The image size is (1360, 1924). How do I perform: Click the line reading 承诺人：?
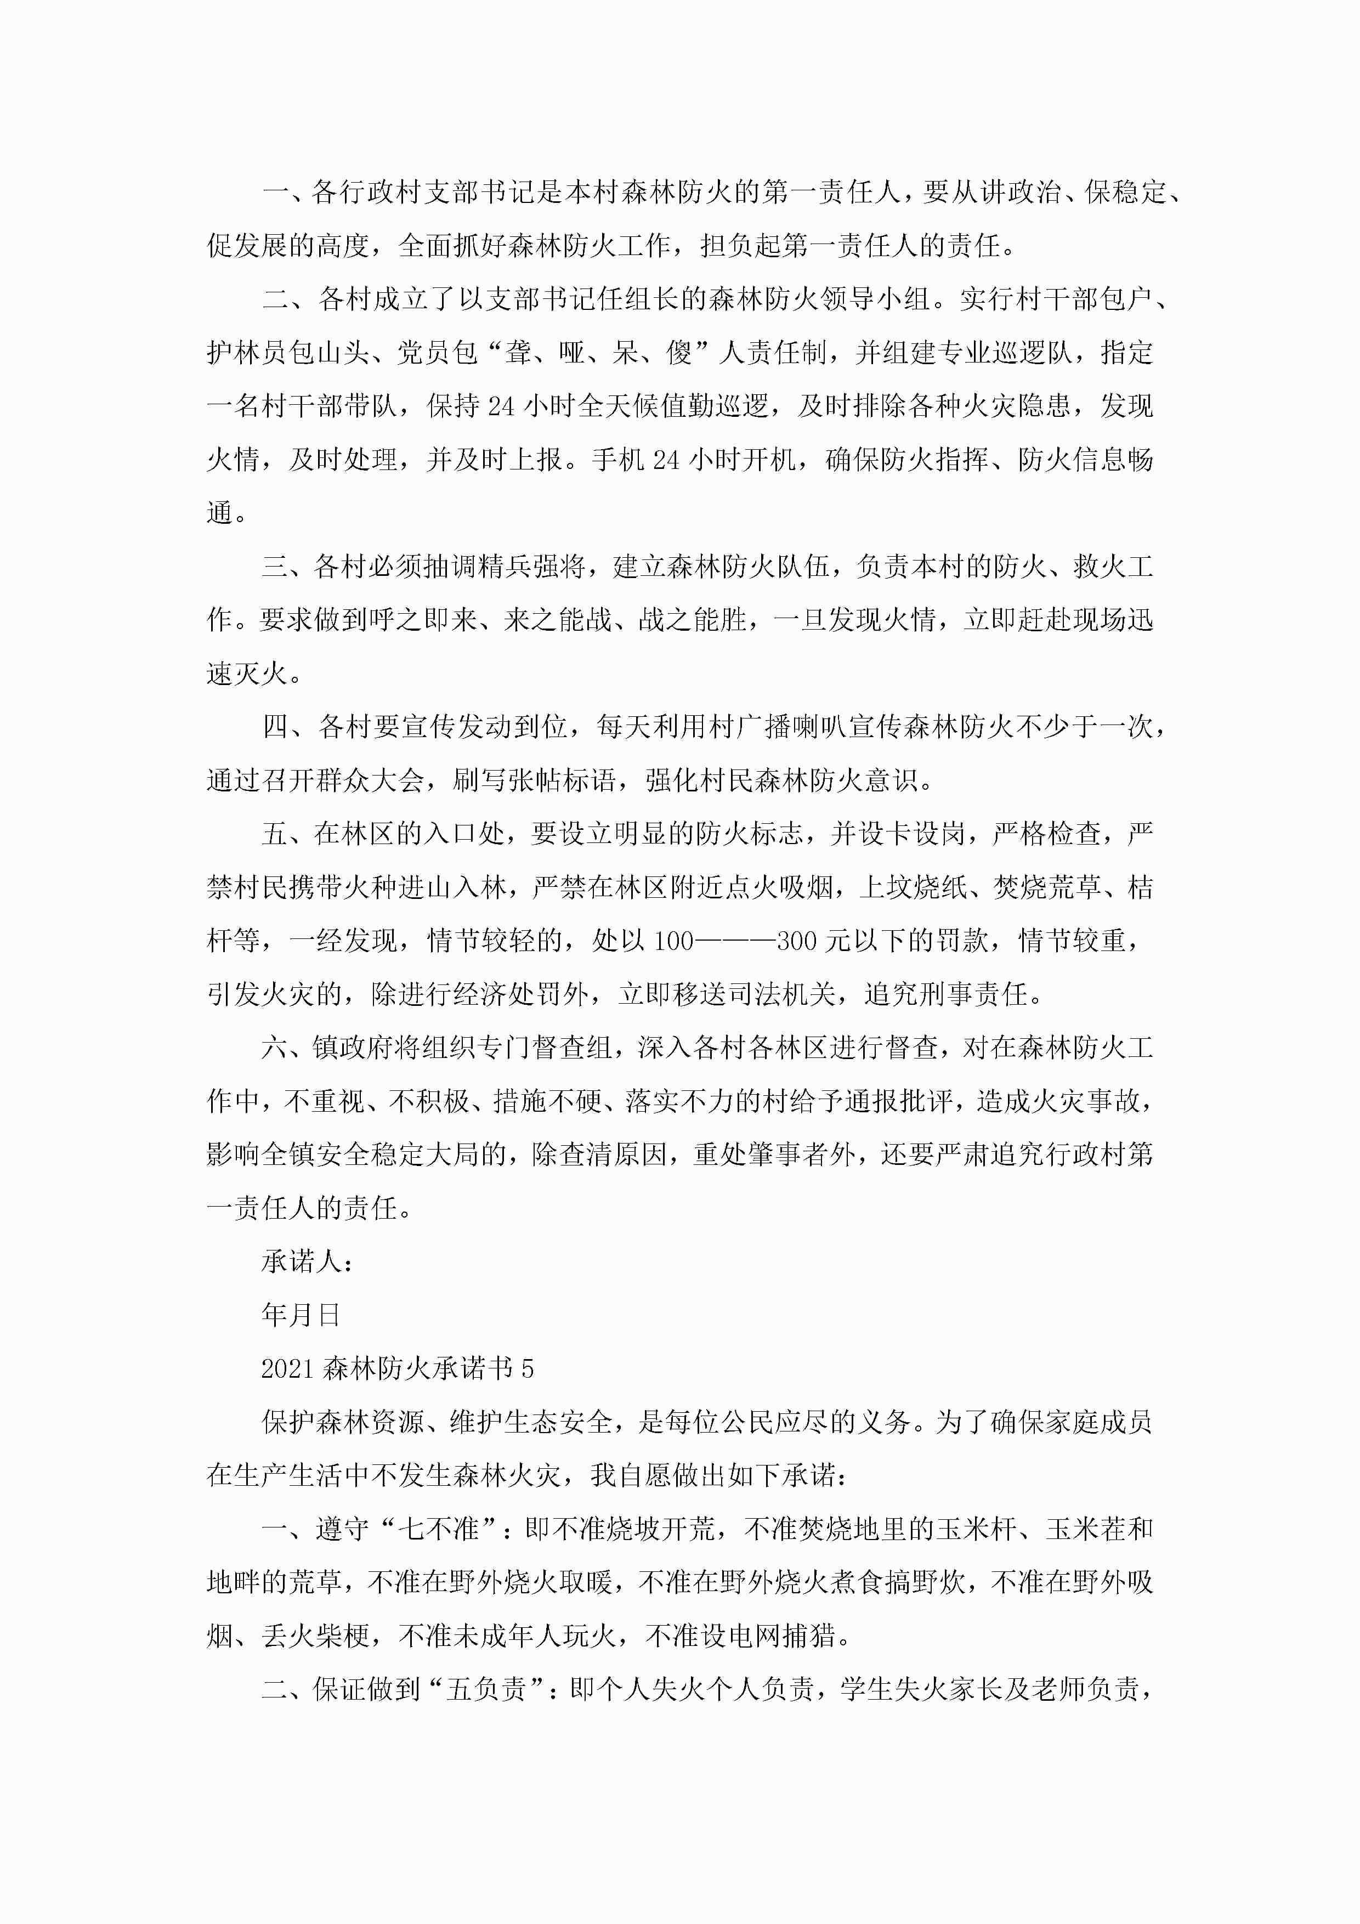pos(307,1261)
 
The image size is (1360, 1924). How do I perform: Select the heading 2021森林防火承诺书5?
pos(397,1368)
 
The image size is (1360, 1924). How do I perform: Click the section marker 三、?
pos(286,567)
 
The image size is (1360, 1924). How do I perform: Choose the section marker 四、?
pos(286,727)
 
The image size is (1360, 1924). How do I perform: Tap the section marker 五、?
pos(286,834)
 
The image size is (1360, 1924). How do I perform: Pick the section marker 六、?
pos(286,1048)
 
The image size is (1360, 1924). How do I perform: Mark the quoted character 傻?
pos(679,353)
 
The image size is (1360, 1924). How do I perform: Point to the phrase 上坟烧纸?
pos(914,887)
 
